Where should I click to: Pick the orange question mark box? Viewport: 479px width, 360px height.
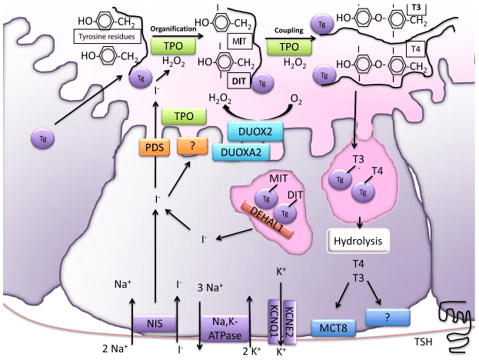[x=192, y=145]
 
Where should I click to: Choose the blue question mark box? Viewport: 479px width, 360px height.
[x=388, y=315]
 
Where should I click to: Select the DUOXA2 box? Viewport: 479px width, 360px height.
[x=241, y=152]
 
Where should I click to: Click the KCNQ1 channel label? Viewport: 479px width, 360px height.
[x=273, y=317]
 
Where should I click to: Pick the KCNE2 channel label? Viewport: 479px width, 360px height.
[x=289, y=317]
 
